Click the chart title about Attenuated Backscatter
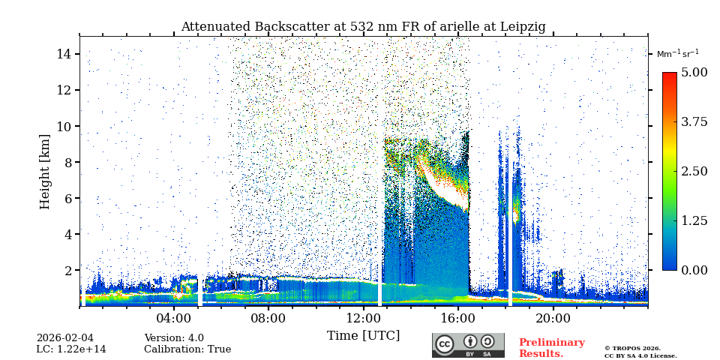coord(363,27)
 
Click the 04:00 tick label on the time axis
coord(174,317)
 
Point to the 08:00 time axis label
coord(268,317)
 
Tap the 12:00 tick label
coord(363,317)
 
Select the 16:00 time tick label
coord(458,317)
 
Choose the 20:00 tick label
coord(553,317)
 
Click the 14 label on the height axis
coord(64,54)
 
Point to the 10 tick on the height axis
coord(64,126)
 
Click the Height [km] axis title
coord(46,171)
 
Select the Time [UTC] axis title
coord(363,335)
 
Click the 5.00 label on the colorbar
coord(694,72)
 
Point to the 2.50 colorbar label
coord(694,171)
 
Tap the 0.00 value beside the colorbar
coord(694,270)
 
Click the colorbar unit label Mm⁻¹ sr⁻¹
coord(677,54)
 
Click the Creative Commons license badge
coord(468,345)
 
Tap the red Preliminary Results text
coord(551,348)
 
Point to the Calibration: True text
coord(187,349)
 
